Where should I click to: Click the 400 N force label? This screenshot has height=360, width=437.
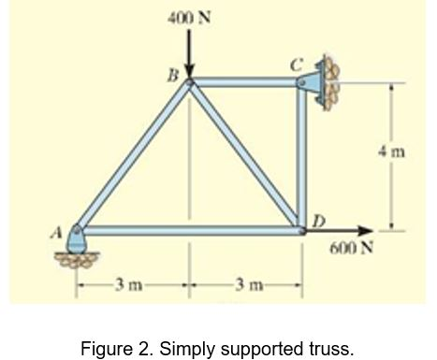pyautogui.click(x=189, y=18)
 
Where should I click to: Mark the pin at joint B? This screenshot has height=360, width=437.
pyautogui.click(x=189, y=83)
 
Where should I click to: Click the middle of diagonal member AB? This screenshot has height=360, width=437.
pyautogui.click(x=135, y=155)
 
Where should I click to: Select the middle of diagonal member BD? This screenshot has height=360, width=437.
pyautogui.click(x=245, y=155)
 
